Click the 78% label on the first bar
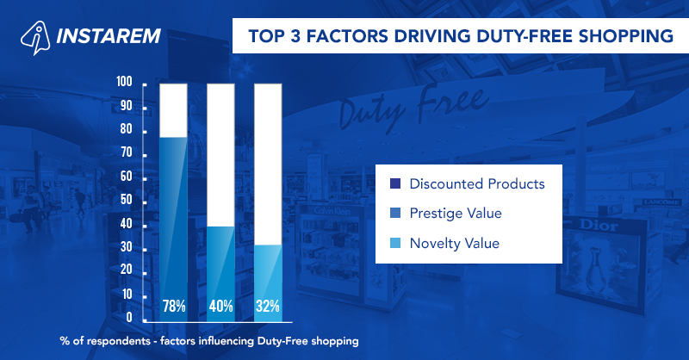tap(174, 305)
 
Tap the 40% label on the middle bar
tap(220, 305)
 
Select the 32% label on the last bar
tap(268, 305)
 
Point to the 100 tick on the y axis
tap(124, 83)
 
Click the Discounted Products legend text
tap(477, 184)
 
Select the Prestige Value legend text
tap(456, 213)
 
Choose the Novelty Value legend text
tap(454, 244)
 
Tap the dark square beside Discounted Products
tap(395, 184)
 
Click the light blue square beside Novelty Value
tap(395, 244)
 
